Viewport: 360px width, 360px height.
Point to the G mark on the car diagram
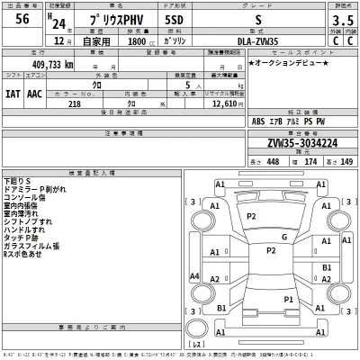click(283, 238)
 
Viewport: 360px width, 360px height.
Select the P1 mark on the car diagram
click(289, 298)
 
